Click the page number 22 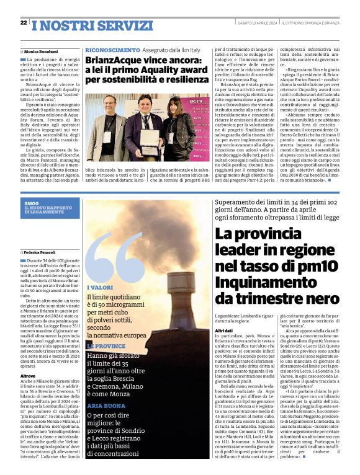point(23,23)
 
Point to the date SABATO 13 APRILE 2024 point(254,23)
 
